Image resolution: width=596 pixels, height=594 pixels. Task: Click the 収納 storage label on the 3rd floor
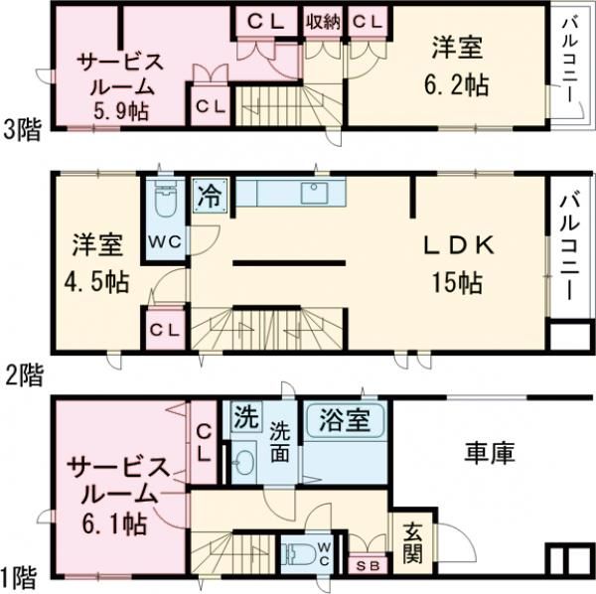[x=324, y=20]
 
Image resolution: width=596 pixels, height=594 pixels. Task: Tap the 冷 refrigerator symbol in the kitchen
[x=210, y=192]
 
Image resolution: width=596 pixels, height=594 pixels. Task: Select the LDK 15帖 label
[x=456, y=262]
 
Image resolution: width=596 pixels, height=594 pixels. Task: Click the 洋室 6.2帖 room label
[x=459, y=66]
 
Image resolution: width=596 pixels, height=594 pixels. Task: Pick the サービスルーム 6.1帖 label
[x=111, y=494]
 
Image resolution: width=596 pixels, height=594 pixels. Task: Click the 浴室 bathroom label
[x=344, y=420]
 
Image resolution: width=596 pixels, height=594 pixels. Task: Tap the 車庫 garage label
[x=488, y=456]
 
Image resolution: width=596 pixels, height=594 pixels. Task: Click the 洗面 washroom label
[x=281, y=441]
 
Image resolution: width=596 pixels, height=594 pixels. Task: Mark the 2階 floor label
[x=22, y=375]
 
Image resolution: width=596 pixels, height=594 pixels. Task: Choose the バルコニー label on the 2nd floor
[x=568, y=248]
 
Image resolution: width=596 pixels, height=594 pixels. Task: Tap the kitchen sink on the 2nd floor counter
[x=316, y=191]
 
